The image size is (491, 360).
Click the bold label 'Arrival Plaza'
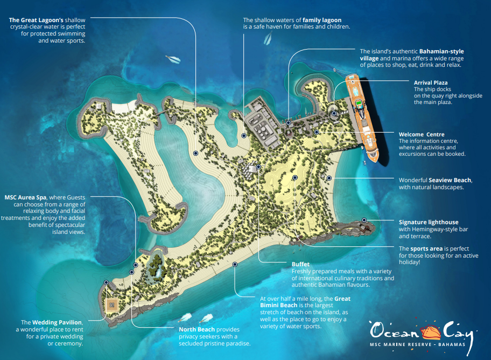click(431, 82)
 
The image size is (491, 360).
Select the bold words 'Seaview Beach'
click(450, 180)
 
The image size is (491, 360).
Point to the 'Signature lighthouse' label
click(429, 222)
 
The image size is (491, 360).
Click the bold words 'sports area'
click(426, 248)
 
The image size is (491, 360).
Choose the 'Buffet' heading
click(301, 265)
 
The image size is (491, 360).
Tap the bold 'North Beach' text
click(197, 329)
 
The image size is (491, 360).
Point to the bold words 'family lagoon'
click(321, 20)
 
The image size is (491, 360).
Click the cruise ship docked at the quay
click(362, 113)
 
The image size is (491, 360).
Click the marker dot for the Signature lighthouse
click(364, 220)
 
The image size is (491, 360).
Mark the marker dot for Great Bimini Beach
click(235, 264)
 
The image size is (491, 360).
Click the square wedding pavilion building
click(112, 304)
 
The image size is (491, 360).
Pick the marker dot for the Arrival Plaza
click(334, 113)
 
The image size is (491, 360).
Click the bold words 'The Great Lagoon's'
click(36, 20)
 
